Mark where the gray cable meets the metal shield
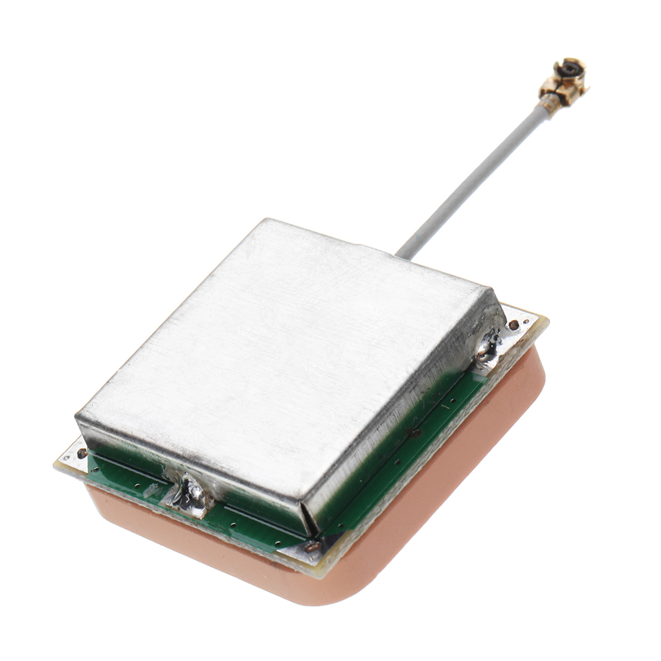pos(399,253)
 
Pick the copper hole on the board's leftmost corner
pos(81,453)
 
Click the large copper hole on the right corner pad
pos(514,325)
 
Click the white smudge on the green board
pos(151,490)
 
